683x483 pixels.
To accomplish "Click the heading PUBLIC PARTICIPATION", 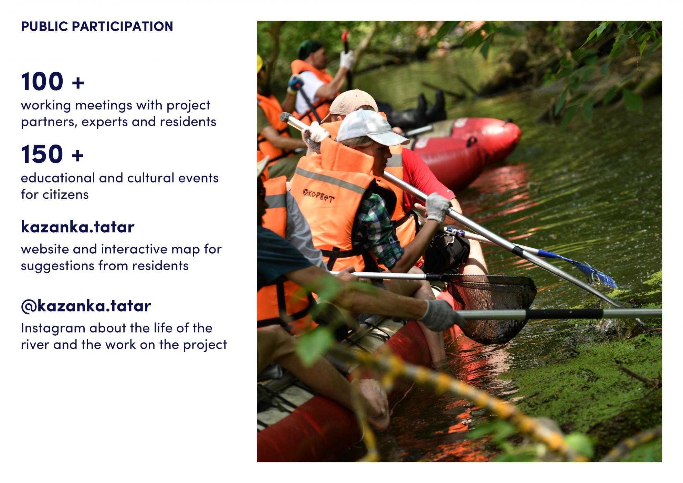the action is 97,27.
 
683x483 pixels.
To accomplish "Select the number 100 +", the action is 52,82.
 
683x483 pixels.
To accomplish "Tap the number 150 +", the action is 52,154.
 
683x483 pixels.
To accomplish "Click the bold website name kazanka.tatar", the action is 77,227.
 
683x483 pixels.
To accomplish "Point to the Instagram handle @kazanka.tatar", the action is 86,306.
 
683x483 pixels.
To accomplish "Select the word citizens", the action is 65,195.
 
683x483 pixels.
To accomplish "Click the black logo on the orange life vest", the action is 318,195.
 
